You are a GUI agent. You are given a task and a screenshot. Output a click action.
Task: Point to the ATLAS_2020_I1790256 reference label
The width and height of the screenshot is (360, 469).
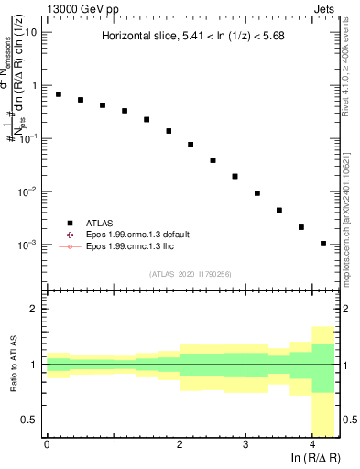[x=191, y=274]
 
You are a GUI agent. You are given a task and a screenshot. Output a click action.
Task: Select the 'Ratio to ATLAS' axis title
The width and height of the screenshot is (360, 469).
[x=13, y=365]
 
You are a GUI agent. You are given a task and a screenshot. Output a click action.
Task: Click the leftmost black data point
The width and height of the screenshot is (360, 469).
[x=59, y=94]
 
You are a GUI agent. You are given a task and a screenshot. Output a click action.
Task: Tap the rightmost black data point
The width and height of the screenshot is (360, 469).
[x=323, y=244]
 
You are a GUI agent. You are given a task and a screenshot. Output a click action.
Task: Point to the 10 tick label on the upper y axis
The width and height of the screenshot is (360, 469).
[x=30, y=32]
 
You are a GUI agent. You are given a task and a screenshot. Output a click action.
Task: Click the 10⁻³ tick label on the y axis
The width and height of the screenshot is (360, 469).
[x=27, y=245]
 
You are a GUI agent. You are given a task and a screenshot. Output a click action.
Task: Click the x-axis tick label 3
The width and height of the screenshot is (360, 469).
[x=245, y=444]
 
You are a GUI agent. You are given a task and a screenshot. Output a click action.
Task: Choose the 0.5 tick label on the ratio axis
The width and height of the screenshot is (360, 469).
[x=28, y=420]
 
